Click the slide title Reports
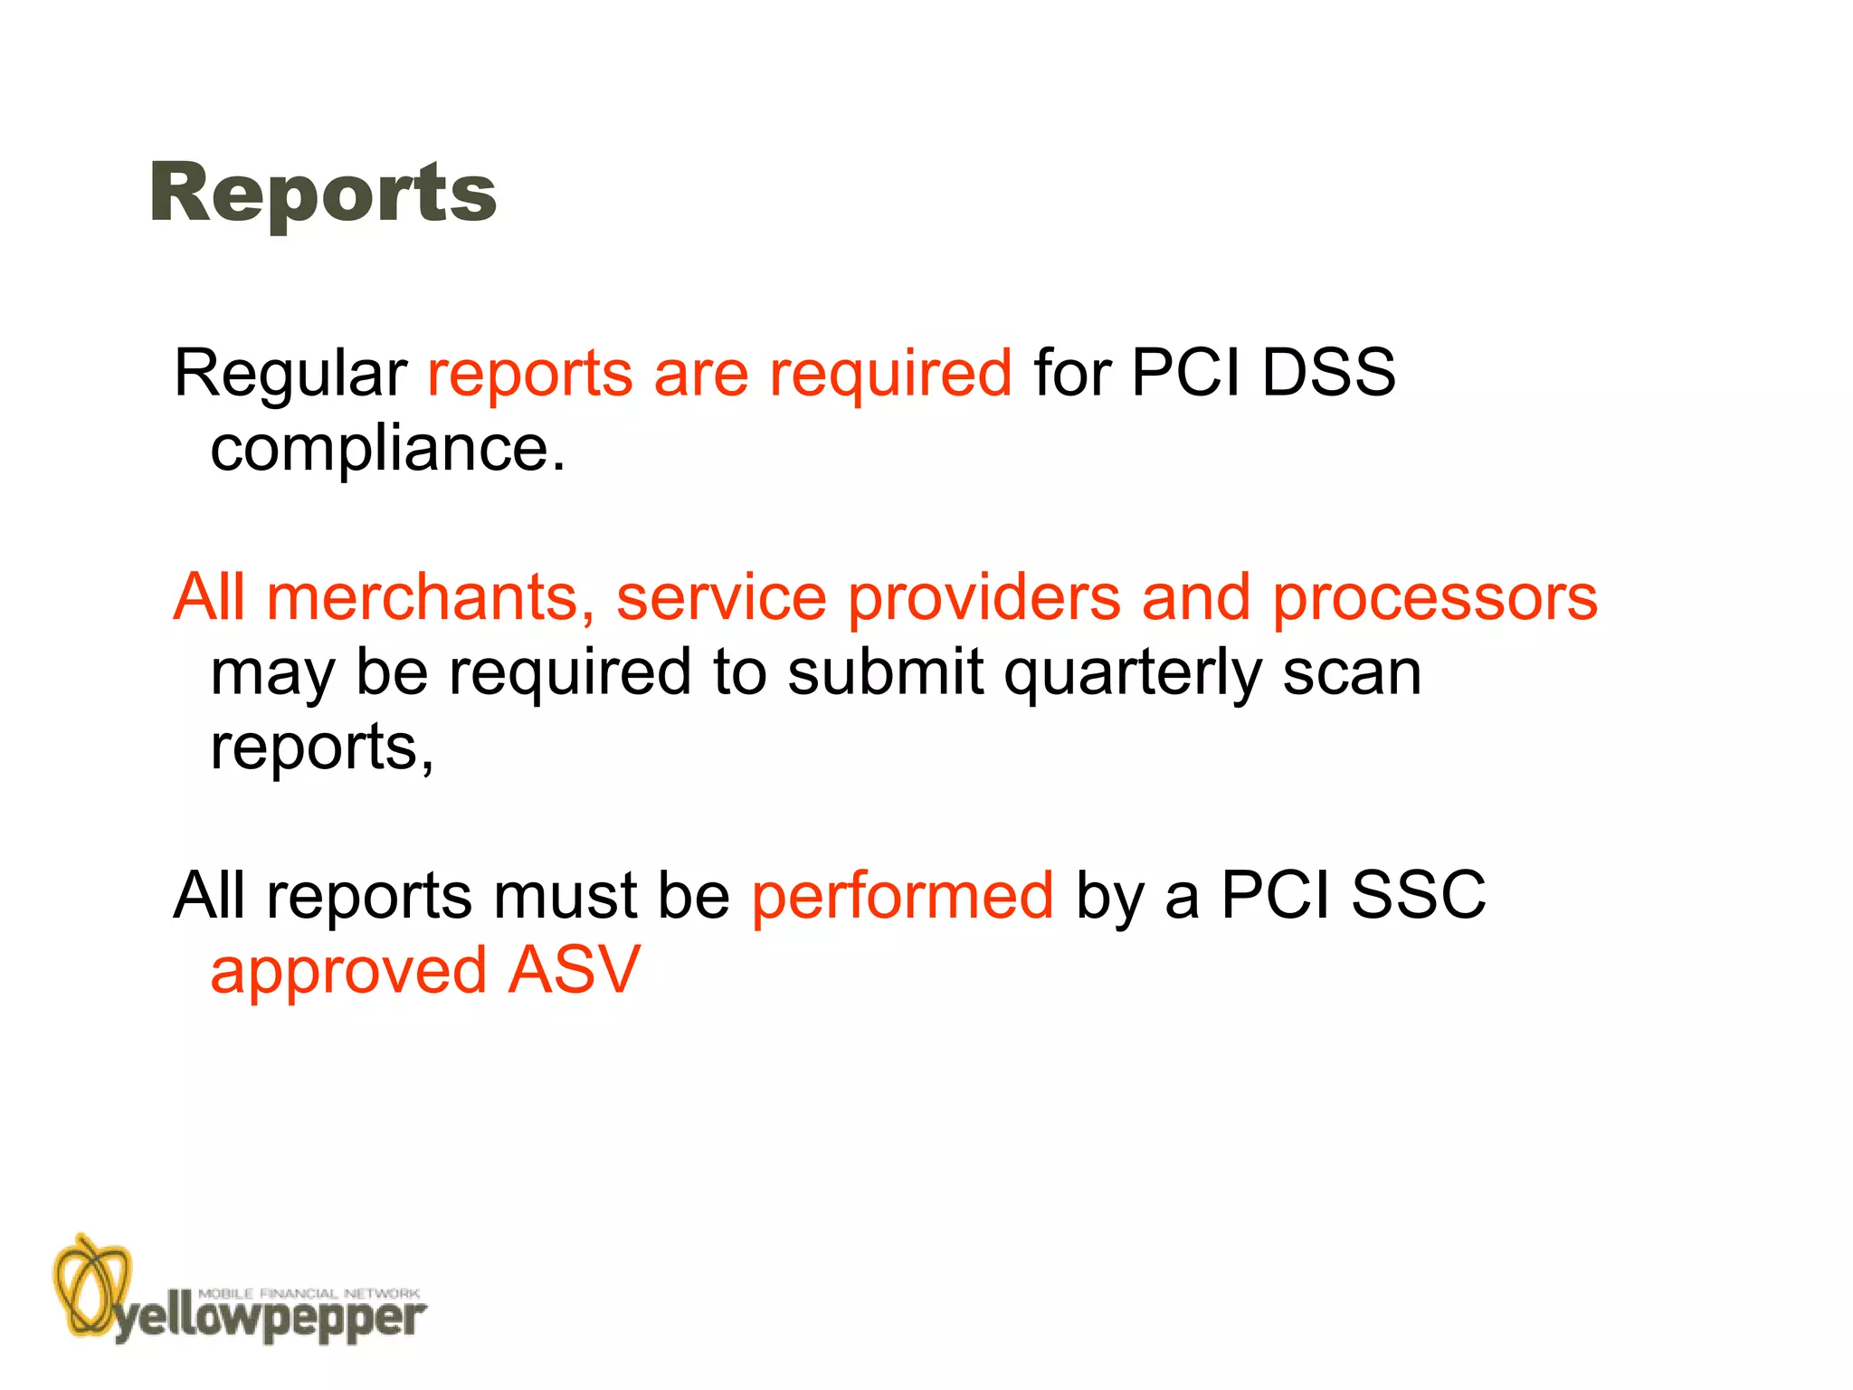coord(323,192)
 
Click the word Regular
coord(290,373)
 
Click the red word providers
coord(984,599)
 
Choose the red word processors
coord(1435,599)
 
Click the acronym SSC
coord(1418,895)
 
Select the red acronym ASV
coord(574,970)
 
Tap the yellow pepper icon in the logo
coord(90,1283)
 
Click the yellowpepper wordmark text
coord(270,1320)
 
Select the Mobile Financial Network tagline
coord(309,1293)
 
